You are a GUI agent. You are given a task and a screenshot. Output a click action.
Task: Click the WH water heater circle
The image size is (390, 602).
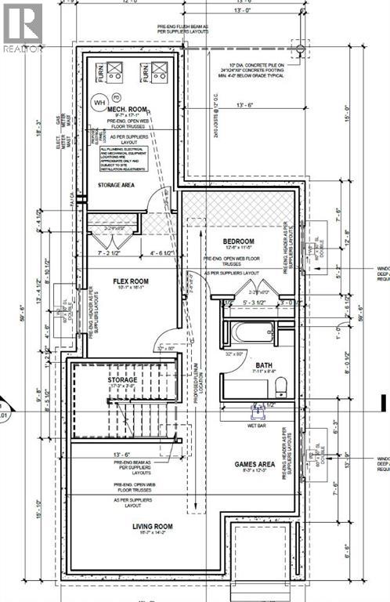coord(99,101)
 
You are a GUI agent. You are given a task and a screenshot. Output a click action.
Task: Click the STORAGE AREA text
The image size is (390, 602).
coord(118,185)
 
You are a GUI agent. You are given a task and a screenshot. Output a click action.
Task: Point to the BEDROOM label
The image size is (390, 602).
coord(238,241)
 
